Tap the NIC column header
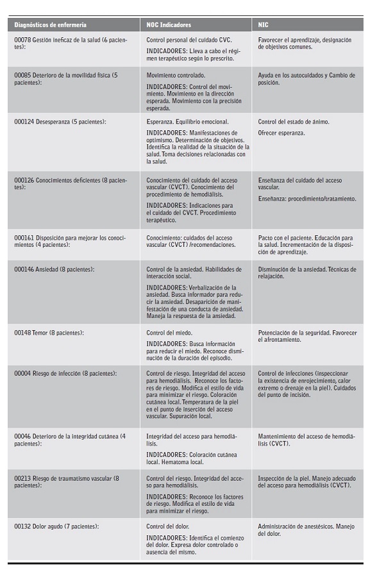pyautogui.click(x=264, y=25)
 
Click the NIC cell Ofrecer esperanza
pyautogui.click(x=281, y=133)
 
